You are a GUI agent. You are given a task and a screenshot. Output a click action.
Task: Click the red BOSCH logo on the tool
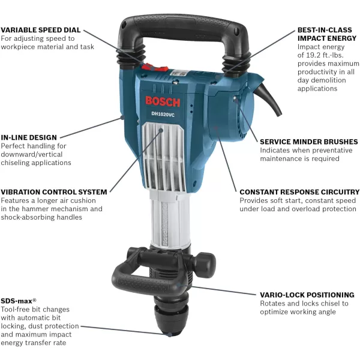click(x=163, y=102)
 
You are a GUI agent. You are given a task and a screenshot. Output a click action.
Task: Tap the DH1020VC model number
click(x=163, y=114)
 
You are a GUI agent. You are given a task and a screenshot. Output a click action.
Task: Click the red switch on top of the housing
click(x=155, y=67)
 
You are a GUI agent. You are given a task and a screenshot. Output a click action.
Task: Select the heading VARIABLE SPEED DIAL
click(x=41, y=30)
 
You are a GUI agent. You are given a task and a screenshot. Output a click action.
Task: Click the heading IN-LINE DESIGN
click(x=29, y=137)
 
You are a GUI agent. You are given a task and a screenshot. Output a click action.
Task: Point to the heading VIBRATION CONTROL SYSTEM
click(x=54, y=192)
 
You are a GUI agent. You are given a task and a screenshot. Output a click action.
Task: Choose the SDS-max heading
click(x=19, y=301)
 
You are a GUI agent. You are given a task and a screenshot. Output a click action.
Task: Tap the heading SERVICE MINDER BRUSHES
click(x=309, y=142)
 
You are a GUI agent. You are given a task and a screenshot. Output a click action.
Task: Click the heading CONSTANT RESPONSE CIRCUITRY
click(x=299, y=192)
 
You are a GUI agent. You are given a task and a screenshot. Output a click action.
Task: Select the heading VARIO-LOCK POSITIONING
click(x=307, y=295)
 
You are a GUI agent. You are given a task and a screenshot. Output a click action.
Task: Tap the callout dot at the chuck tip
click(x=169, y=335)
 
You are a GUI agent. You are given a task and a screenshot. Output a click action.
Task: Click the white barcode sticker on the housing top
click(x=178, y=73)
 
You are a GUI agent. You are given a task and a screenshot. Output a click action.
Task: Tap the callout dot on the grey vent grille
click(x=161, y=130)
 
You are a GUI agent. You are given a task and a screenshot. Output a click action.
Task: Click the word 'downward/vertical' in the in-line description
click(x=32, y=154)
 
